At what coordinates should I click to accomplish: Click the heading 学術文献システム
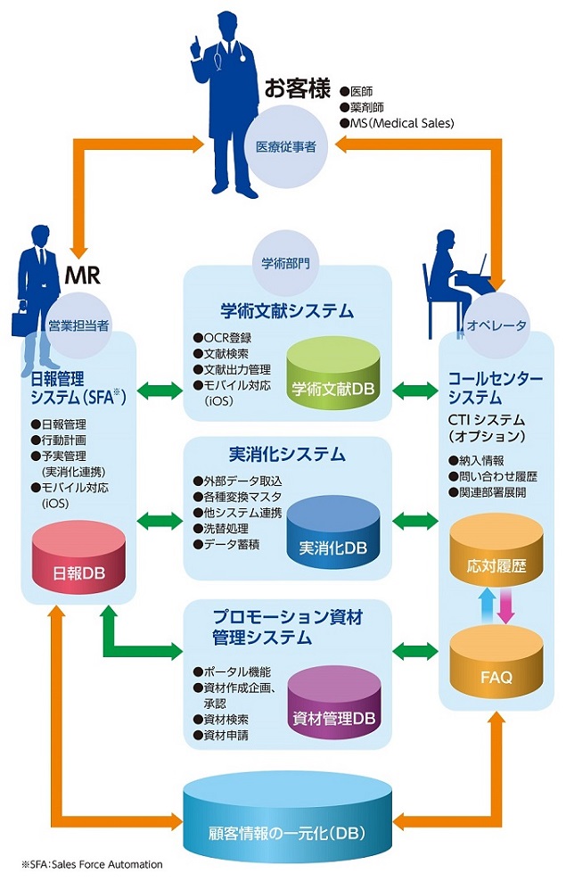[287, 310]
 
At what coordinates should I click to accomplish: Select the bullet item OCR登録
[226, 338]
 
